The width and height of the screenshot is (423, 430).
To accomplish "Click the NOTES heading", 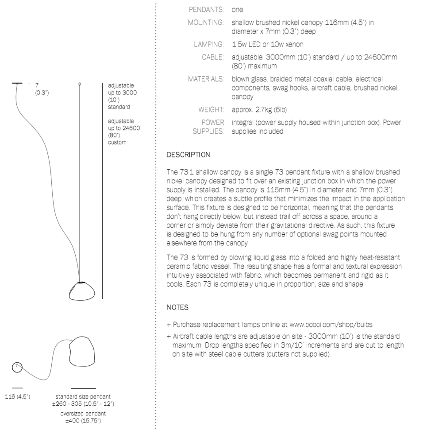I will (177, 306).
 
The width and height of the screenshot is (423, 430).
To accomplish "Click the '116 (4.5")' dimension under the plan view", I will (17, 396).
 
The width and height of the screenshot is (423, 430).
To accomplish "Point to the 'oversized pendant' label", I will (83, 413).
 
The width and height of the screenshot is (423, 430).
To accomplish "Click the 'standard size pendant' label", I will (83, 396).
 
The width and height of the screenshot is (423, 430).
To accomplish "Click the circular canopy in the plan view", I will (17, 367).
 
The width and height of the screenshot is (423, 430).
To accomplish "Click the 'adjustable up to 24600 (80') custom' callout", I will (121, 131).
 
